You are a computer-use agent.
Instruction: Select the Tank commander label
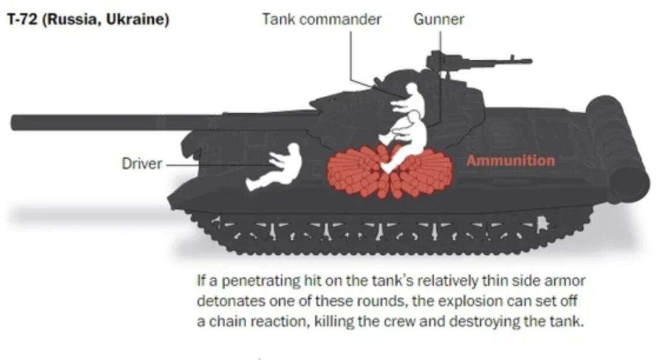(x=322, y=19)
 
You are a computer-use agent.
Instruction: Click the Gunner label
(x=439, y=19)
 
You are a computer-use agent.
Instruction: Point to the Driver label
(x=142, y=164)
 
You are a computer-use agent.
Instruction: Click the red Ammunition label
(x=510, y=161)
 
